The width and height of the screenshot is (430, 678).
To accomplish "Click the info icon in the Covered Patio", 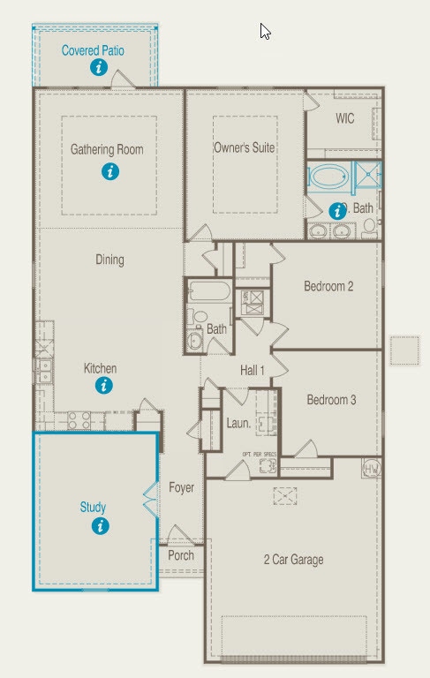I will point(99,67).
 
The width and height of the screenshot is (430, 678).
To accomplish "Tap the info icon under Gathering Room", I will point(109,171).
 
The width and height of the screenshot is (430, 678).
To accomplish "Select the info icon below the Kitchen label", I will point(105,385).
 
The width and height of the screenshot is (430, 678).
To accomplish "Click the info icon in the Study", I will point(100,526).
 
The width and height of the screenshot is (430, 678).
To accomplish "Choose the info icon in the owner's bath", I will point(336,210).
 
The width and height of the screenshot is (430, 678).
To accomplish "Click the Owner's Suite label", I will point(245,147).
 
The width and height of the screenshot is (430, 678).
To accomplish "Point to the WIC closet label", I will point(344,118).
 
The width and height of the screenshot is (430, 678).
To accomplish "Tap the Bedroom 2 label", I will point(328,286).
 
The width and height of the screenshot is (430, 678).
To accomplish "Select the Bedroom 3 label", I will point(331,400).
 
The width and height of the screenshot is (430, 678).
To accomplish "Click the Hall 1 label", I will point(253,370).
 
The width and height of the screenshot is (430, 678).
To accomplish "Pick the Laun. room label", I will point(238,424).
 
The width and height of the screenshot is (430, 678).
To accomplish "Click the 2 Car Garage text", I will point(293,560).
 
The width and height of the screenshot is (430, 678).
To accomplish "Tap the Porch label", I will point(181,555).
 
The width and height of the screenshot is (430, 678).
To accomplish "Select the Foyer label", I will point(182,487).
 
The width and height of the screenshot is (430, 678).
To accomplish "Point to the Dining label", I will point(109,260).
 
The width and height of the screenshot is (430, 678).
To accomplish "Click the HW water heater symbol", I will point(371,468).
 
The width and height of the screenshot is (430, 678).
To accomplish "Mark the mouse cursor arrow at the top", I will point(265,31).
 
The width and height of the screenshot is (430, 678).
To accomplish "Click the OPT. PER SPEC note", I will point(260,455).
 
